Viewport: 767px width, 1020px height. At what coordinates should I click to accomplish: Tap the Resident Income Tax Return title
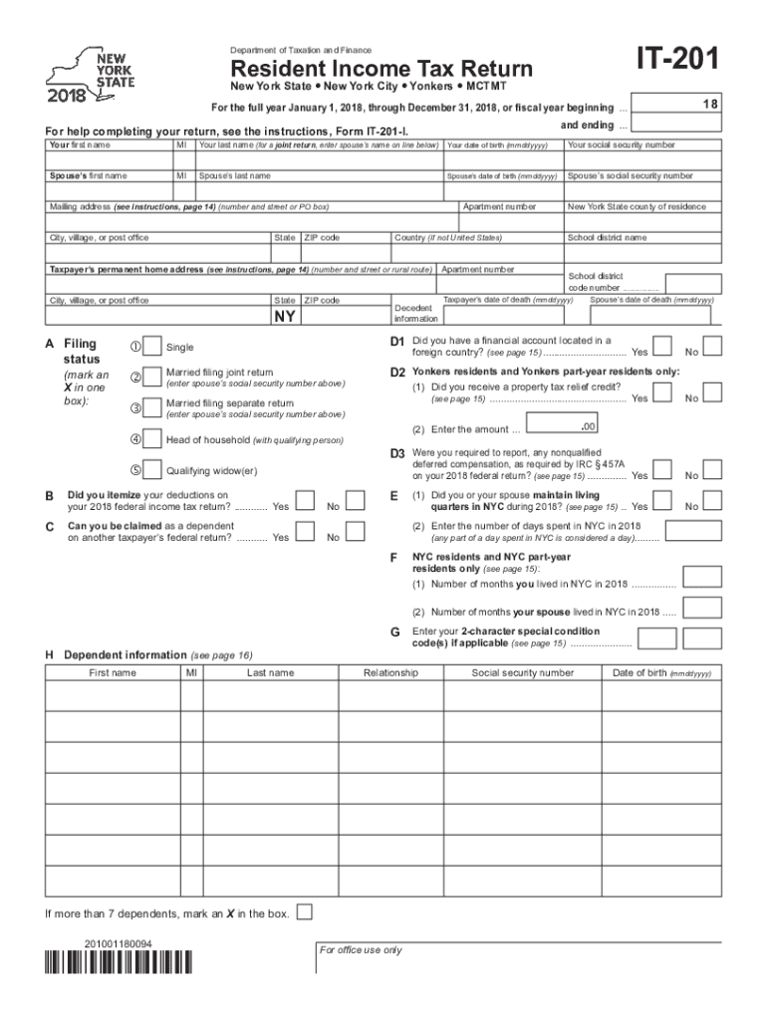pos(382,69)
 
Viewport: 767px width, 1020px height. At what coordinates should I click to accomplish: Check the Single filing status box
pos(152,347)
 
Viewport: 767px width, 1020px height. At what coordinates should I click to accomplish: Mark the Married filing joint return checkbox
pos(152,377)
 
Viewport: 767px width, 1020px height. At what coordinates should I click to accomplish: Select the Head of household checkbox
pos(152,439)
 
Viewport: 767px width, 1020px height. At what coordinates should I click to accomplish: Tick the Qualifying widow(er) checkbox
pos(152,470)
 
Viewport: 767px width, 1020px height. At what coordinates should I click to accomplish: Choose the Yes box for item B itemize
pos(308,501)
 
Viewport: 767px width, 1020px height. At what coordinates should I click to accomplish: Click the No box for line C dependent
pos(364,532)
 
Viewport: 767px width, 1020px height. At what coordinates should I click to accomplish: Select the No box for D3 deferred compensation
pos(714,470)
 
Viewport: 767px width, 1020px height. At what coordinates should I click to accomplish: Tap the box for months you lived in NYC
pos(702,577)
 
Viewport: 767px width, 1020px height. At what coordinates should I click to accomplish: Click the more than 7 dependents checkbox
pos(305,912)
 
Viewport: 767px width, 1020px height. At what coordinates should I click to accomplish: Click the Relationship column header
pos(390,673)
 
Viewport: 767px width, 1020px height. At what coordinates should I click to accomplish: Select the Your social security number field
pos(640,160)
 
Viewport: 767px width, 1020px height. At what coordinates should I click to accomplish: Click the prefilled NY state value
pos(285,317)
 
